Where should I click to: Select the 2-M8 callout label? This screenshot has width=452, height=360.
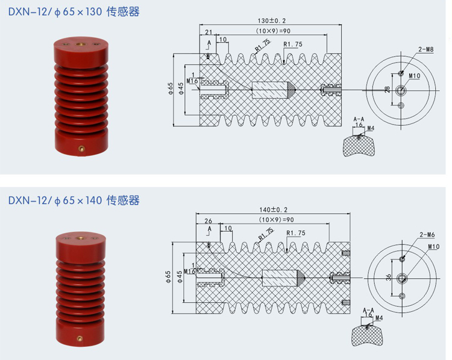[425, 49]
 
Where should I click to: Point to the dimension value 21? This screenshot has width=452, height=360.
[209, 31]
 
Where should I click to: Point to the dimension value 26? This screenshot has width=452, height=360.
[209, 220]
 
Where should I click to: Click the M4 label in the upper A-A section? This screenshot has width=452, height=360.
[370, 128]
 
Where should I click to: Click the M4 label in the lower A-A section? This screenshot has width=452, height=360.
[379, 317]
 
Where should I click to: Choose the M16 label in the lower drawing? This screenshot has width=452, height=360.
[191, 271]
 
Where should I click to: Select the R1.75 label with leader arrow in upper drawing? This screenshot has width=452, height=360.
[293, 44]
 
